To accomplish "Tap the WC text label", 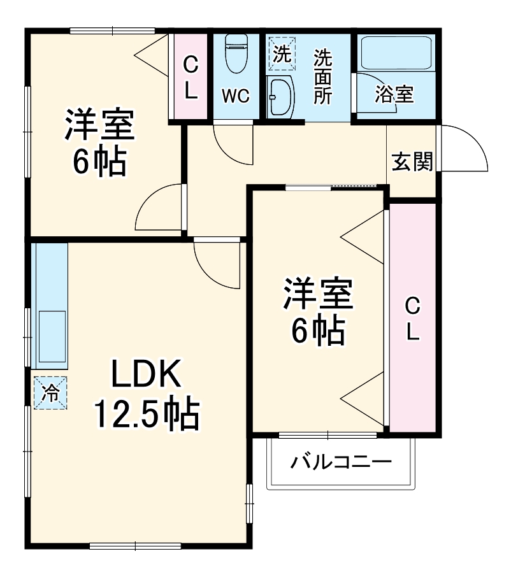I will [x=235, y=97].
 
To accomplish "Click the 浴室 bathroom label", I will [x=394, y=94].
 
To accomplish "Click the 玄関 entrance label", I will [x=412, y=162].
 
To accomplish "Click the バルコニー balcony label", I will [x=341, y=462].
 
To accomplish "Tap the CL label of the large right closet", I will [x=413, y=319].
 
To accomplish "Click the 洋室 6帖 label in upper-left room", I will [x=99, y=143].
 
